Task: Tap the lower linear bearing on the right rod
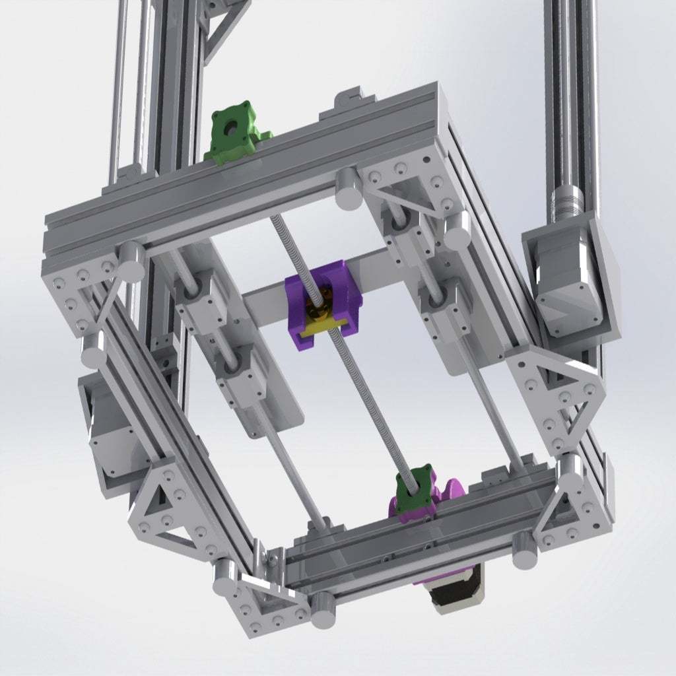(x=446, y=307)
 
